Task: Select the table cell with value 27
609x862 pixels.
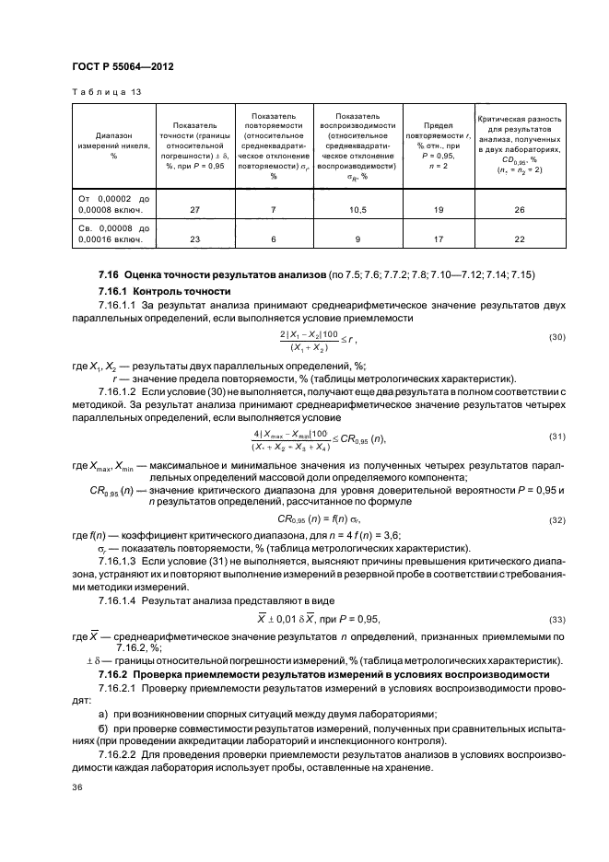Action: pos(193,210)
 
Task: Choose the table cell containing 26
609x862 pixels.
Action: pos(520,210)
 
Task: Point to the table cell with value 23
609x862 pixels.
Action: pos(193,239)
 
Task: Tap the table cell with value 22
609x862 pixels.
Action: pos(520,239)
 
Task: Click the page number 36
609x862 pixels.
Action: pos(77,787)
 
